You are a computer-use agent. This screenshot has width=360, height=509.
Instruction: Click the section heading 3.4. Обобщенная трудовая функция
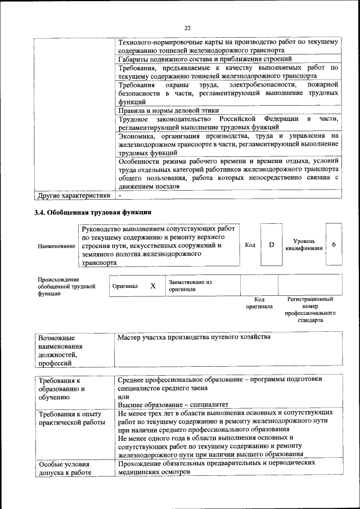tap(92, 213)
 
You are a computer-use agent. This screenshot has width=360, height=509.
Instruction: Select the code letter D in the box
tap(271, 245)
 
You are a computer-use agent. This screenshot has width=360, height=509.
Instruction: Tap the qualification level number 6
tap(334, 245)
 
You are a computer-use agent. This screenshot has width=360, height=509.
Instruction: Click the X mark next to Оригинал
tap(152, 286)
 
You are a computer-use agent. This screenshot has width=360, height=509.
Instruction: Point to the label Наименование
tap(56, 246)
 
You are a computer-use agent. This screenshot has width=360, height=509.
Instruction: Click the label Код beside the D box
tap(250, 245)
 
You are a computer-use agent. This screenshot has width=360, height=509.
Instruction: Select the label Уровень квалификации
tap(304, 245)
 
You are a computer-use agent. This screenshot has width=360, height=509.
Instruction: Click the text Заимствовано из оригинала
tap(190, 286)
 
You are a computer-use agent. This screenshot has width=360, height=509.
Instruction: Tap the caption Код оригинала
tap(259, 303)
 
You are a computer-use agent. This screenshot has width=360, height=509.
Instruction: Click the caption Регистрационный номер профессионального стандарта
tap(310, 310)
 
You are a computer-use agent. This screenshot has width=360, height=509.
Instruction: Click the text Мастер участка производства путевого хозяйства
tap(194, 337)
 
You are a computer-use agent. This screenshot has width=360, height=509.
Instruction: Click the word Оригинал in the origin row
tap(125, 286)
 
